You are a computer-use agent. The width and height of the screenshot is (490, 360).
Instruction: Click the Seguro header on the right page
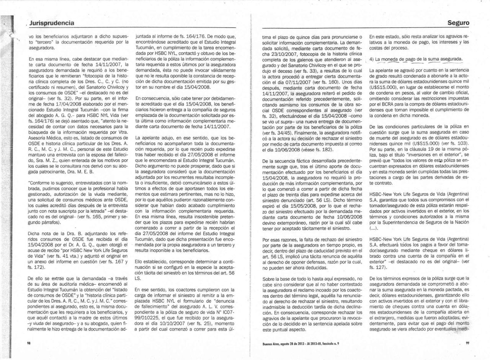click(458, 23)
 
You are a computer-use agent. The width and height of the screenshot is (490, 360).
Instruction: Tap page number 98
click(29, 343)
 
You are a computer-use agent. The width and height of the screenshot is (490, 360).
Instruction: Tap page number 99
click(467, 343)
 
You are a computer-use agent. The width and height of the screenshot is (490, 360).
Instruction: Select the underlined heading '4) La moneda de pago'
click(416, 59)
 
